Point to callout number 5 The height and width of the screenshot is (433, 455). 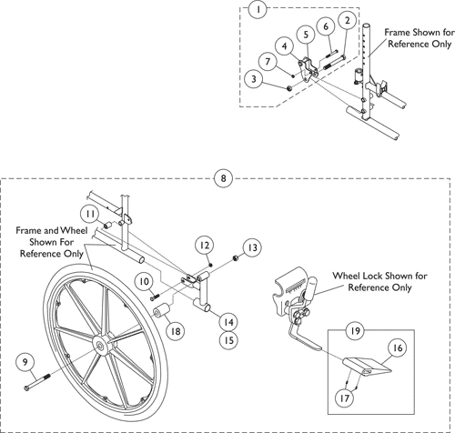306,33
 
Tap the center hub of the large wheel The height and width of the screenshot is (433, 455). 96,346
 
